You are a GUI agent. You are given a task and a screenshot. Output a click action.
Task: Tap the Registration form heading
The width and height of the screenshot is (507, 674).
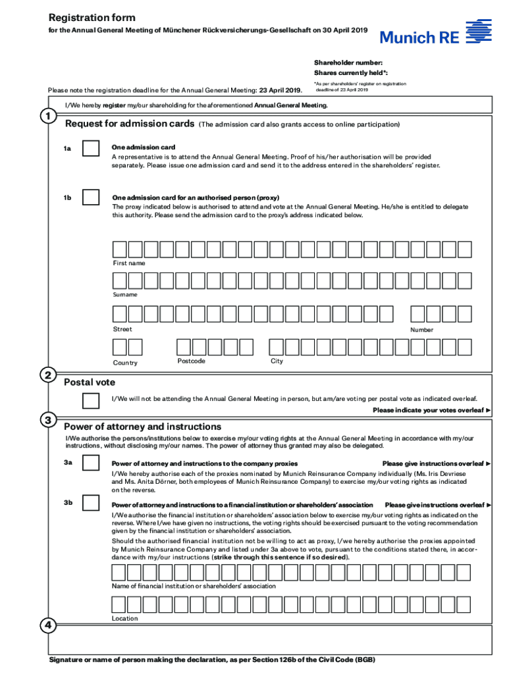coord(92,18)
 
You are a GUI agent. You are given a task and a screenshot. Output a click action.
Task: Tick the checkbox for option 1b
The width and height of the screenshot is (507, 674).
coord(90,197)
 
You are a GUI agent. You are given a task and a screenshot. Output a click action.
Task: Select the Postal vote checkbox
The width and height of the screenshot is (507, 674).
coord(90,400)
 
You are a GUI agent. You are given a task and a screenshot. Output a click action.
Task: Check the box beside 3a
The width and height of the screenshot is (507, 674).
coord(90,464)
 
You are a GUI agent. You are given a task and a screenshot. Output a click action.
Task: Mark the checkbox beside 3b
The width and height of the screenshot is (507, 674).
coord(90,504)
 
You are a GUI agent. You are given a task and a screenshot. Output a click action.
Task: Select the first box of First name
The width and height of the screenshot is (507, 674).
coord(119,249)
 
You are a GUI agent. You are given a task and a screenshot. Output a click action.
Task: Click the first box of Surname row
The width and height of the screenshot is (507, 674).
coord(119,281)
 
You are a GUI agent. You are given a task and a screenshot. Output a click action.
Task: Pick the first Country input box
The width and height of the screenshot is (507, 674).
coord(119,347)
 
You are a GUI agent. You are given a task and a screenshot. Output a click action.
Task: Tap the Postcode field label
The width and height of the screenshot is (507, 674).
coord(191,361)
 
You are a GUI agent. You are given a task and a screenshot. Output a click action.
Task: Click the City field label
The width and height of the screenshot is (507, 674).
coord(277,361)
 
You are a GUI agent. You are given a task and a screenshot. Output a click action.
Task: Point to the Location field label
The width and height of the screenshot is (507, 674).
coord(125,618)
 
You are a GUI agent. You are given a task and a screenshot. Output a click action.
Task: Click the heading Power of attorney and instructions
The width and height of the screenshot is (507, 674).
coord(142,427)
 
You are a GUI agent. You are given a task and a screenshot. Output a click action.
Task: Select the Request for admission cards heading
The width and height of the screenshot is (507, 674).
coord(129,124)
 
